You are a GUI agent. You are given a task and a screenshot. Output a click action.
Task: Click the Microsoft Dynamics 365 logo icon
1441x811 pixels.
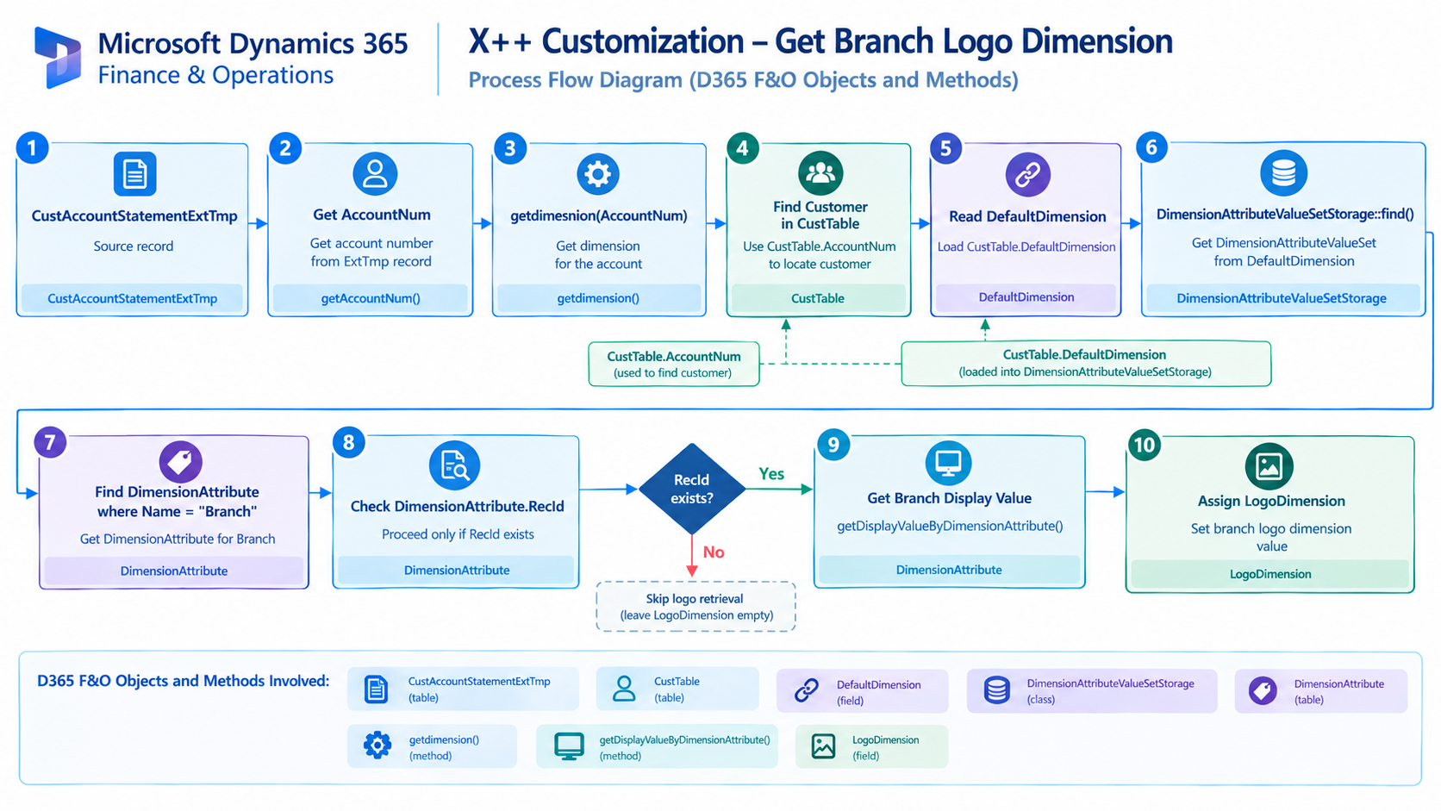(x=58, y=57)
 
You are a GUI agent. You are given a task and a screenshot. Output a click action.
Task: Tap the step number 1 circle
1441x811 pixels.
(x=33, y=148)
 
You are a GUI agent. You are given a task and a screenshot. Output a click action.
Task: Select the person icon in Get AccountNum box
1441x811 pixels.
(x=375, y=173)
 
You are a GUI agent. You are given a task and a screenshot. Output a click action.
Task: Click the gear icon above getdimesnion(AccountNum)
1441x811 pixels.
(x=597, y=173)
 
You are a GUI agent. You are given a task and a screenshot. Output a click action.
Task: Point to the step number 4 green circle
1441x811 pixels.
(x=742, y=148)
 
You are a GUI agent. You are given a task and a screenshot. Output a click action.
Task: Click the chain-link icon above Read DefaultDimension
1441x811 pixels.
(x=1027, y=174)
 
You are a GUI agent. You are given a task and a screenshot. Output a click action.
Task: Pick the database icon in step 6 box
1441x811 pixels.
(x=1283, y=173)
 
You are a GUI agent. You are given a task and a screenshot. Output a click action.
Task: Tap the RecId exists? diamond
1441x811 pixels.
(x=691, y=489)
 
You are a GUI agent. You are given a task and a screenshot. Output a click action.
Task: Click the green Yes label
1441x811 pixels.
(x=770, y=474)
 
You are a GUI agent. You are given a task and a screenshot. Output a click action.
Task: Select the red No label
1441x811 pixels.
(x=714, y=552)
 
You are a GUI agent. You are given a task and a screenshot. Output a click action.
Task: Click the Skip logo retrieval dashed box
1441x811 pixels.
(x=696, y=607)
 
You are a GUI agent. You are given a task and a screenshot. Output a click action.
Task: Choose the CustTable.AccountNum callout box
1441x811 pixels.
(x=674, y=364)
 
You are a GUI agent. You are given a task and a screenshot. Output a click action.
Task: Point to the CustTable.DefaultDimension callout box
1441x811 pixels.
(x=1086, y=364)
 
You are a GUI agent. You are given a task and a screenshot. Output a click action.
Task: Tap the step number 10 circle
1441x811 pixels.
(x=1145, y=445)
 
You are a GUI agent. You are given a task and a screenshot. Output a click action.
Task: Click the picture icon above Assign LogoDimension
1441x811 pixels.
(x=1269, y=466)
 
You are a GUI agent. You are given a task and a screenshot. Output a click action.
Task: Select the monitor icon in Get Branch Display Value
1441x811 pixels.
(x=948, y=463)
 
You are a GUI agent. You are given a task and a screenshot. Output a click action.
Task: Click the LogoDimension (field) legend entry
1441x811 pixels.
(x=871, y=746)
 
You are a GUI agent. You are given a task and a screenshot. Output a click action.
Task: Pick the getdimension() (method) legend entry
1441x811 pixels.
(x=432, y=746)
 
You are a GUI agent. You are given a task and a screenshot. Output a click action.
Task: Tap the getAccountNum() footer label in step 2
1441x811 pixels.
(x=371, y=298)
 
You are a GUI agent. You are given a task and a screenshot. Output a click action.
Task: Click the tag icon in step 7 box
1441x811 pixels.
(x=180, y=462)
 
